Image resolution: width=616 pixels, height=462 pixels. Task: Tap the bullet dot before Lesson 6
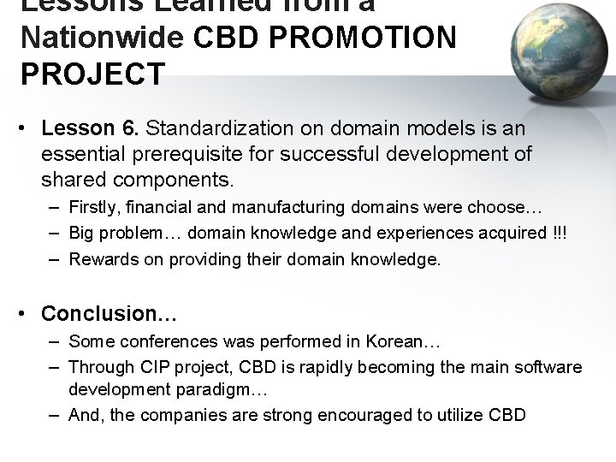click(27, 129)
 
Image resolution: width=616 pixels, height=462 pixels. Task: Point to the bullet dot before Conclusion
click(27, 314)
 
